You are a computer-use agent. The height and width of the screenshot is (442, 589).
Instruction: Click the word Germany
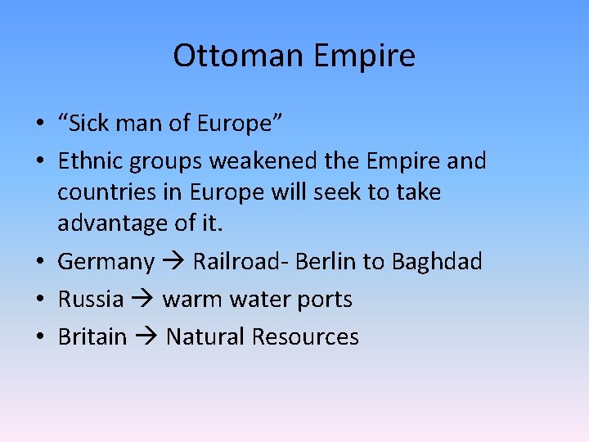tap(106, 262)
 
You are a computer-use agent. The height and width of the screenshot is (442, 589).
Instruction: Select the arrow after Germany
tap(173, 262)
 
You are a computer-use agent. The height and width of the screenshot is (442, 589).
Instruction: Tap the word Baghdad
tap(437, 262)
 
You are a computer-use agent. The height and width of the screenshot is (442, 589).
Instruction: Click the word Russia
tap(90, 300)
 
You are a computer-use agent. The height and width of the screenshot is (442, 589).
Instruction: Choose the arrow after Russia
tap(142, 300)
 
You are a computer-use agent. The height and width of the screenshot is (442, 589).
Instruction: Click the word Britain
tap(92, 336)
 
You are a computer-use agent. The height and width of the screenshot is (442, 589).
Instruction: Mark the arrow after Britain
tap(146, 336)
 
